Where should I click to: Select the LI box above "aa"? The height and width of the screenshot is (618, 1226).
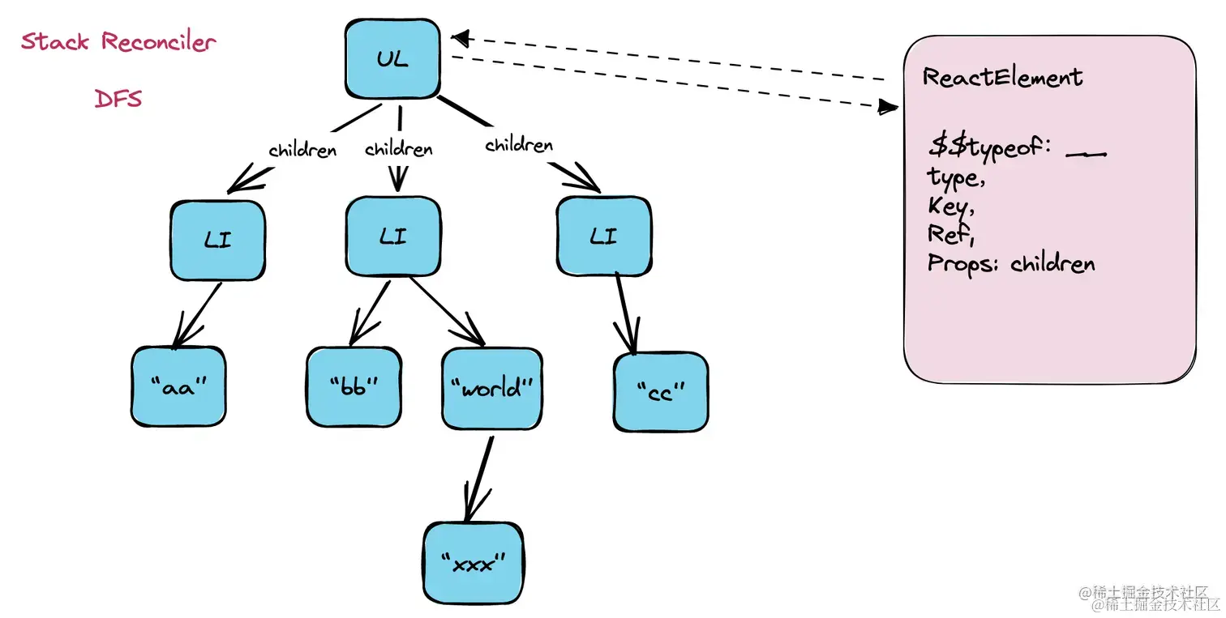[218, 240]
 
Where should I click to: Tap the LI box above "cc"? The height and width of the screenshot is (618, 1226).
[603, 237]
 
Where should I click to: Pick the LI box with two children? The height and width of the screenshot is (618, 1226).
[393, 237]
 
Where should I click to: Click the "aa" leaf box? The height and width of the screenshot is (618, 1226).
[178, 386]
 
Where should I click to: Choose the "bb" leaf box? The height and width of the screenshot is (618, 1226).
[354, 387]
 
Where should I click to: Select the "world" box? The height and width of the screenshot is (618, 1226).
[491, 388]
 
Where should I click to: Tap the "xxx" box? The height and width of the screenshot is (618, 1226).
[474, 563]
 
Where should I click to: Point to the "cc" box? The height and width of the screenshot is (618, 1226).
[660, 391]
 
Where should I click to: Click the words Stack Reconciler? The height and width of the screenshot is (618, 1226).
[118, 41]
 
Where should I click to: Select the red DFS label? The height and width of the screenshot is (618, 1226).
[118, 99]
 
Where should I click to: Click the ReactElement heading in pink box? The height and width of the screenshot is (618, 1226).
[1002, 78]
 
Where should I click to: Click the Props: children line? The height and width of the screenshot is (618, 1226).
[1011, 264]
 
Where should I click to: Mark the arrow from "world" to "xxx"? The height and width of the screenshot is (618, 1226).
[479, 479]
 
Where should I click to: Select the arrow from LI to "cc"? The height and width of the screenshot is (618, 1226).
[624, 312]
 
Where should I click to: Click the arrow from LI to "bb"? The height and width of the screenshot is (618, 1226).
[370, 311]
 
